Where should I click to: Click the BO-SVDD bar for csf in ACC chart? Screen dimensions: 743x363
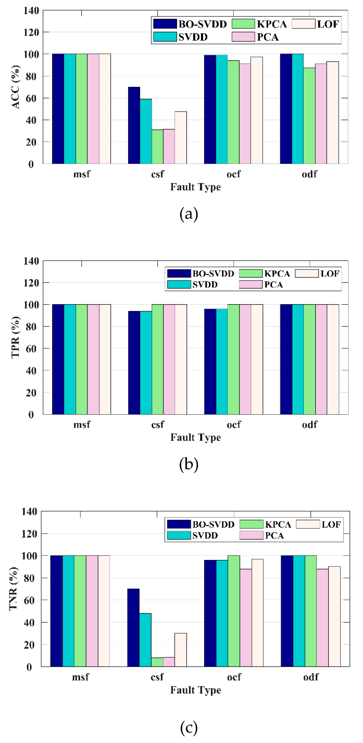click(134, 126)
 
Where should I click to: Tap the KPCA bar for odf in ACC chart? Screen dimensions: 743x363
click(309, 115)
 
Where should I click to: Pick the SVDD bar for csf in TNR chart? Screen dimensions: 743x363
click(145, 640)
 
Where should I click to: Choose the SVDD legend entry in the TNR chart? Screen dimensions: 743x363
click(192, 535)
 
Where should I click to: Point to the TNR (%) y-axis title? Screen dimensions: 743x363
click(14, 588)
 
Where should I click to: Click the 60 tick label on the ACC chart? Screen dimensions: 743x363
click(31, 98)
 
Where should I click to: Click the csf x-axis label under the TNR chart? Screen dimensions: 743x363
click(157, 677)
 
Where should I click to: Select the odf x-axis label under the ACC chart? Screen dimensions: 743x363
click(309, 174)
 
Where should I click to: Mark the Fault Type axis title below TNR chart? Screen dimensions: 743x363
click(196, 690)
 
